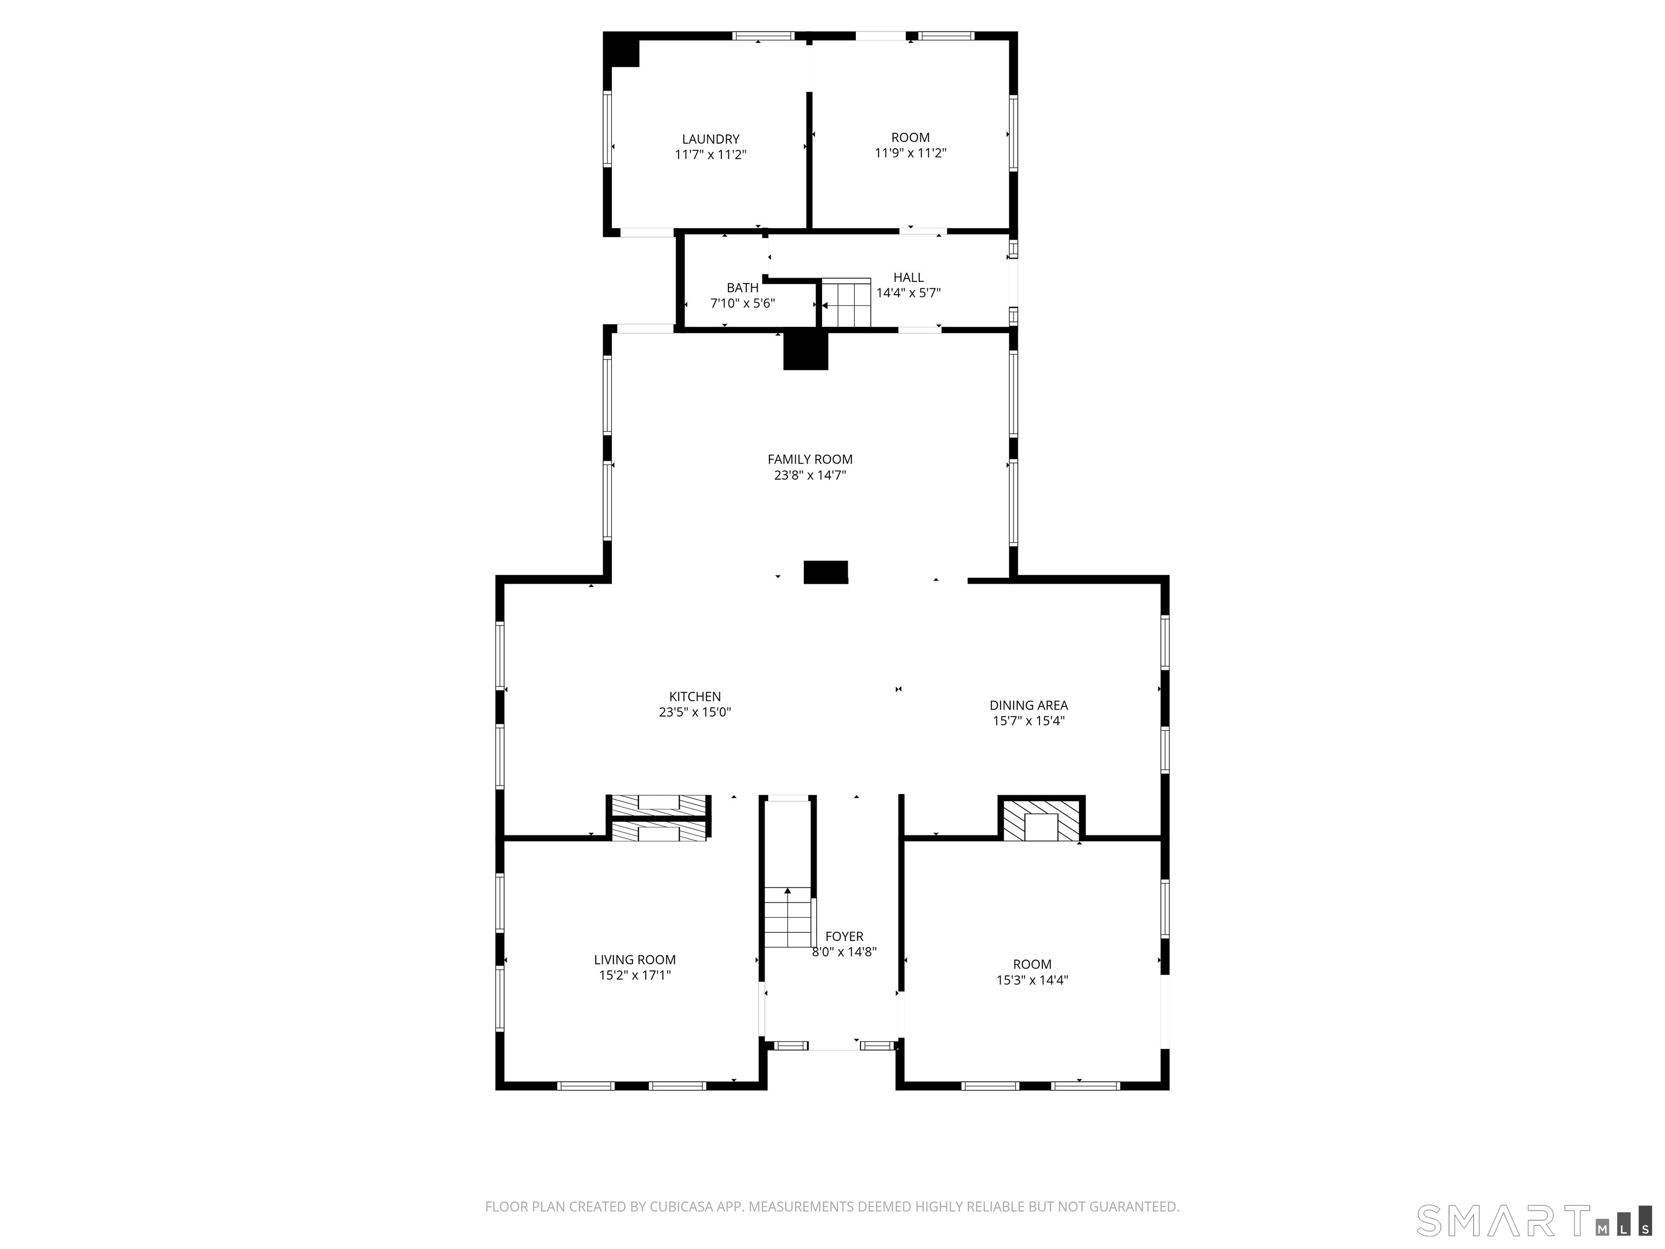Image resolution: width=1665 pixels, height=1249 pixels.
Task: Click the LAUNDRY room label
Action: point(711,139)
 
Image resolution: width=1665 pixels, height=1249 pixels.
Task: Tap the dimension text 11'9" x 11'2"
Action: point(910,153)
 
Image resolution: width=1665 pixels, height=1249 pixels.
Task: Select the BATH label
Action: point(742,288)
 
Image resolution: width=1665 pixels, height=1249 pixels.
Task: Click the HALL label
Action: point(908,278)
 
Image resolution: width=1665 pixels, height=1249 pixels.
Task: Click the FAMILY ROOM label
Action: point(810,459)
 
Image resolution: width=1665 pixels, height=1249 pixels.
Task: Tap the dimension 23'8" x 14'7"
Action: point(810,475)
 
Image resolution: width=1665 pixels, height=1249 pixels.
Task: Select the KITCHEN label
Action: point(695,697)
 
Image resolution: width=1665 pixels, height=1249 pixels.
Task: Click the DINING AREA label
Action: point(1028,705)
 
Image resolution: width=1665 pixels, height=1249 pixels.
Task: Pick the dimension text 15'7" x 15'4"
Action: point(1028,721)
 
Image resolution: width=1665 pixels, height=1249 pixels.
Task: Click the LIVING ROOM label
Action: point(635,959)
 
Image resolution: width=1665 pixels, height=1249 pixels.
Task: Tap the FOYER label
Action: point(844,936)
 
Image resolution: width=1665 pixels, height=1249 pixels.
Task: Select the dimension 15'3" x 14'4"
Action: point(1032,980)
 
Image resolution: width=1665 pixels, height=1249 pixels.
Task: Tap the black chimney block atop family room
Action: point(805,351)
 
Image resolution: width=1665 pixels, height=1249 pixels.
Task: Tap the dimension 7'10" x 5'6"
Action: point(742,304)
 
